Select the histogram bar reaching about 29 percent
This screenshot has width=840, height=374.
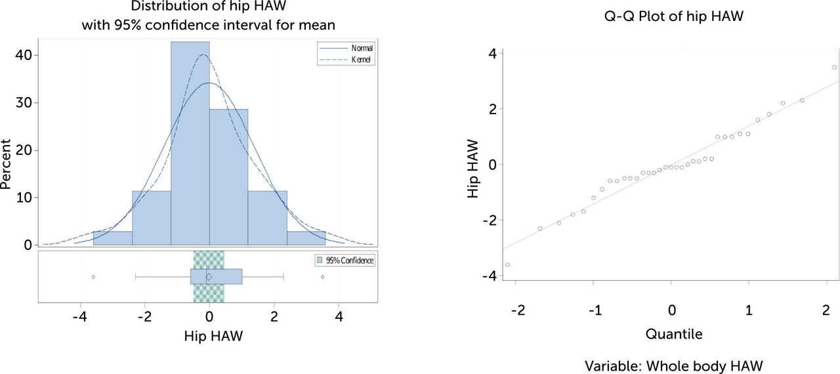pyautogui.click(x=228, y=177)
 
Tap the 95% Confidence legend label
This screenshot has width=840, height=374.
pyautogui.click(x=350, y=260)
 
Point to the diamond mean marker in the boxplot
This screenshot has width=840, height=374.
pyautogui.click(x=209, y=277)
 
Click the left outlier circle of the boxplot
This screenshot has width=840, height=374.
pyautogui.click(x=93, y=277)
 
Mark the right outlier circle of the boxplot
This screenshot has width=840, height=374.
pyautogui.click(x=322, y=277)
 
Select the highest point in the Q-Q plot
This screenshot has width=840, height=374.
pyautogui.click(x=834, y=67)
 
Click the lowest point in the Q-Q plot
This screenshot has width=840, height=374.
pyautogui.click(x=507, y=264)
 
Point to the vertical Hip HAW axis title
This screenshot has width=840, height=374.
pyautogui.click(x=472, y=164)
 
